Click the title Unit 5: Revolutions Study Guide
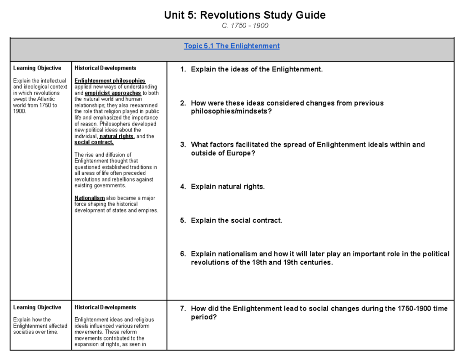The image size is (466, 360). tap(245, 15)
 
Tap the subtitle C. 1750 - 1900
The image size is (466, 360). tap(245, 26)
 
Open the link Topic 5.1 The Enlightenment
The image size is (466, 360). tap(232, 46)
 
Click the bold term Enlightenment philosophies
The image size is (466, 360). tap(110, 81)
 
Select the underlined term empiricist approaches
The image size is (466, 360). tap(113, 93)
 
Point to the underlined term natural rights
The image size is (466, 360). tap(116, 136)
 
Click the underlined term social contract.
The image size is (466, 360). tap(94, 142)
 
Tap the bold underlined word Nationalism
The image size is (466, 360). tap(90, 198)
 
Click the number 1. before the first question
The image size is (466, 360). tap(183, 70)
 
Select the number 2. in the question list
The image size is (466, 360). tap(183, 103)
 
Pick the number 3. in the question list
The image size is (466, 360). tap(183, 145)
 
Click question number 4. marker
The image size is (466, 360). tap(183, 187)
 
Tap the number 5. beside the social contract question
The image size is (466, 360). tap(183, 221)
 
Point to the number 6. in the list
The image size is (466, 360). tap(183, 254)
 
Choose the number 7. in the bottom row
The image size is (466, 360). tap(183, 309)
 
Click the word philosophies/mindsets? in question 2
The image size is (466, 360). tap(231, 112)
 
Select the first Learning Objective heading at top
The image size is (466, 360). tap(37, 68)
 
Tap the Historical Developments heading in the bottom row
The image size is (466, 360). tap(105, 308)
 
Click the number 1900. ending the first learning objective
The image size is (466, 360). tap(20, 111)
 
